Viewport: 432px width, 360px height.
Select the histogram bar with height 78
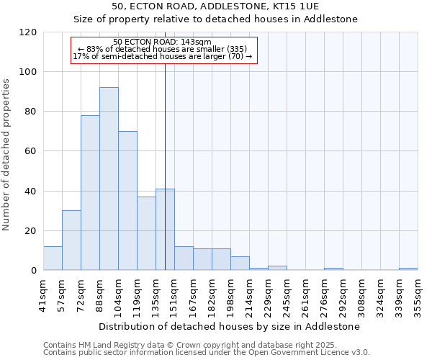90,192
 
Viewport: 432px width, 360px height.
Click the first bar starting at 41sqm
53,258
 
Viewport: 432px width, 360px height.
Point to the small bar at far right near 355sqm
408,269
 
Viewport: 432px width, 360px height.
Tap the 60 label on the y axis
31,151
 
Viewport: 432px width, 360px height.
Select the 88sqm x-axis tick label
100,292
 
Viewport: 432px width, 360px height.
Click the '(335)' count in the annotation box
238,49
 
